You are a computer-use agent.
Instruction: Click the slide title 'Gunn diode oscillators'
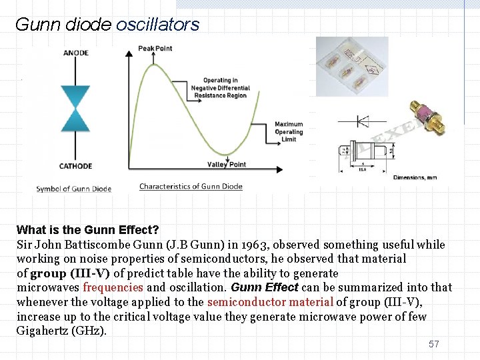(107, 25)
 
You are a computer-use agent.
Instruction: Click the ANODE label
(75, 53)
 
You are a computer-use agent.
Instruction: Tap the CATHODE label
(75, 166)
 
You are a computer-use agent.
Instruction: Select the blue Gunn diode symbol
(75, 108)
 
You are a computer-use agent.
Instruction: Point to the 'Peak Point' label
(155, 49)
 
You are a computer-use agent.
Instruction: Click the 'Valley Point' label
(227, 165)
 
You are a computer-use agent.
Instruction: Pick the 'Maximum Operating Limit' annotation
(289, 131)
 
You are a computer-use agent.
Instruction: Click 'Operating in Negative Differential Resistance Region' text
(221, 88)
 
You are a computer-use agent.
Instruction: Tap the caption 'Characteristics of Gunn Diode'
(191, 187)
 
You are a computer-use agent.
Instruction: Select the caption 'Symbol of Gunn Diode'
(73, 189)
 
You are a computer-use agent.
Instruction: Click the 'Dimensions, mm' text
(415, 177)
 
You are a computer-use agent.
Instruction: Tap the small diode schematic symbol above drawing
(363, 121)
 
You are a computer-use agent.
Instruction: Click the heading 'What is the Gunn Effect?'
(87, 230)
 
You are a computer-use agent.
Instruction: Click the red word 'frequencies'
(113, 287)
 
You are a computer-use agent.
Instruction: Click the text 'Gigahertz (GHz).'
(61, 331)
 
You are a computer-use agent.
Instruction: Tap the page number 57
(434, 344)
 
